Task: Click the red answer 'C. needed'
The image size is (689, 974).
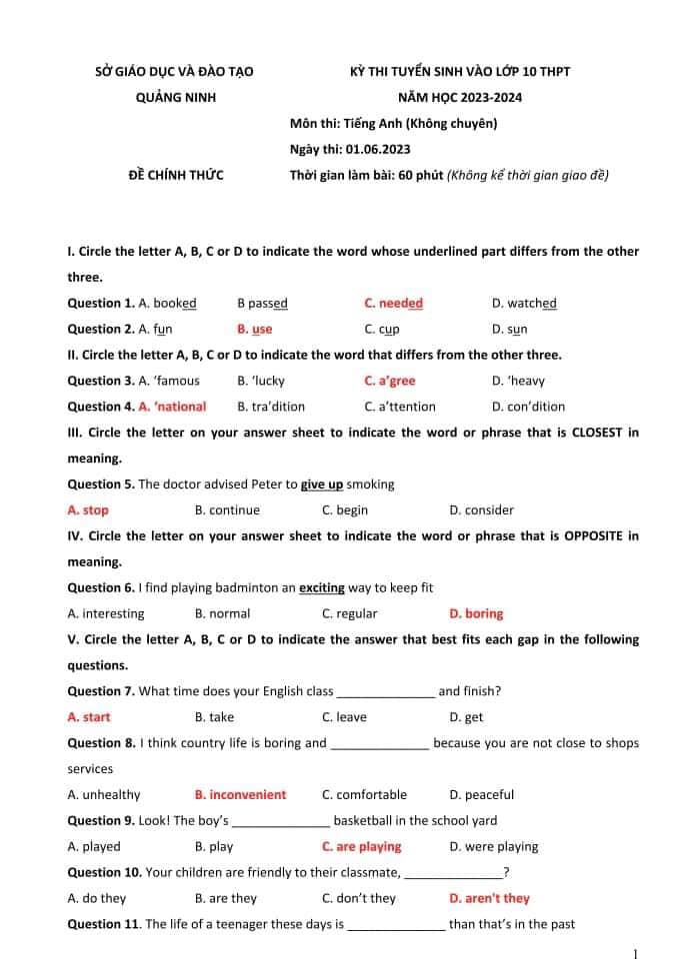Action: (393, 303)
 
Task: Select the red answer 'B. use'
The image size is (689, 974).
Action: (254, 329)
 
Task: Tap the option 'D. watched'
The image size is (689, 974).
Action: (524, 303)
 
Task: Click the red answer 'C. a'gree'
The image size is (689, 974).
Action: (389, 381)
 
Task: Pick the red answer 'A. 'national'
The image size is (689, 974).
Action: (172, 407)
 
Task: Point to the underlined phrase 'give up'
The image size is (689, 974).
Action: (322, 485)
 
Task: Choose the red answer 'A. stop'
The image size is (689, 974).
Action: (88, 510)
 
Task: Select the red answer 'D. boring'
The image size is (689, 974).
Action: (476, 613)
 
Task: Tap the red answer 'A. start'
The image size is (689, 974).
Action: (89, 717)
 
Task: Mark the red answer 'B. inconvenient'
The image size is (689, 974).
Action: (240, 795)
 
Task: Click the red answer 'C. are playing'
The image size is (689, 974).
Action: (361, 847)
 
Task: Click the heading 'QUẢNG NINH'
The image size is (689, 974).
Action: (175, 98)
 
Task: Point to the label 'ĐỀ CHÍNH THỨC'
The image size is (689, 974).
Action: (176, 176)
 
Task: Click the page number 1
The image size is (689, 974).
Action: (636, 955)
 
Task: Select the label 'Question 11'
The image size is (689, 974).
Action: (103, 924)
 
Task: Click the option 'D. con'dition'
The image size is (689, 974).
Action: (528, 407)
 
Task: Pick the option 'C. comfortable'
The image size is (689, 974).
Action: (364, 795)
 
